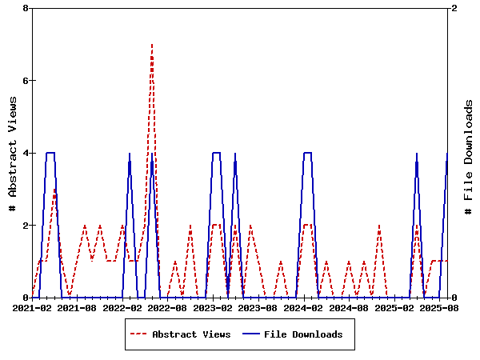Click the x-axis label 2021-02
pyautogui.click(x=32, y=307)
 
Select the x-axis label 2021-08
pyautogui.click(x=77, y=307)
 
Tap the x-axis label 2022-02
pyautogui.click(x=122, y=307)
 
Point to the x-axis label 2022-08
pyautogui.click(x=167, y=307)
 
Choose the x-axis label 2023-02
pyautogui.click(x=213, y=307)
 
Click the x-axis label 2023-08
pyautogui.click(x=258, y=307)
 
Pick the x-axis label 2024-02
pyautogui.click(x=303, y=307)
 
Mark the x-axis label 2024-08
pyautogui.click(x=348, y=307)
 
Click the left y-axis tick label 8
pyautogui.click(x=26, y=8)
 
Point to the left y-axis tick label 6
pyautogui.click(x=26, y=81)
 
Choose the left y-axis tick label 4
pyautogui.click(x=26, y=153)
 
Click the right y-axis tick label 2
pyautogui.click(x=454, y=8)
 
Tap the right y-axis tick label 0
pyautogui.click(x=454, y=298)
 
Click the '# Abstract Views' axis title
pyautogui.click(x=12, y=153)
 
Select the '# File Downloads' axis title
pyautogui.click(x=469, y=157)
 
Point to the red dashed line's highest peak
pyautogui.click(x=152, y=45)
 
